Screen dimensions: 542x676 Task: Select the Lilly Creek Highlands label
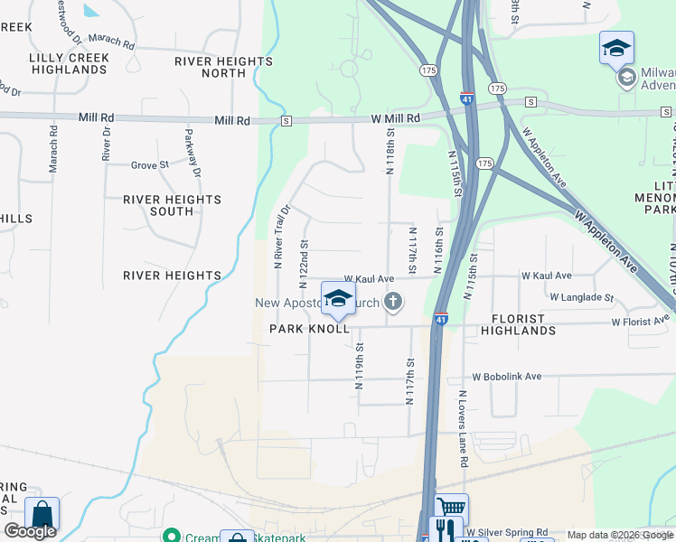point(69,63)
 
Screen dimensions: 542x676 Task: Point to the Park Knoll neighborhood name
point(309,330)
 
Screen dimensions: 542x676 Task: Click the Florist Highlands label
point(530,325)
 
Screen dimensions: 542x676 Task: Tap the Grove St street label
point(150,165)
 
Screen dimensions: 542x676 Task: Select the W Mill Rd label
point(395,118)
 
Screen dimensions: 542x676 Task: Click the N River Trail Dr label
point(280,236)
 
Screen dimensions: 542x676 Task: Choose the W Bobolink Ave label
point(506,377)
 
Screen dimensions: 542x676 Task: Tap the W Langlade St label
point(581,296)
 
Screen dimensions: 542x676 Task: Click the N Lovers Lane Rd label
point(463,428)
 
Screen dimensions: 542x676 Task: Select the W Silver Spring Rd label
point(509,532)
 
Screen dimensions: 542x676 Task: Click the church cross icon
point(392,301)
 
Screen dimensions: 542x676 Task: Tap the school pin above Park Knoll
point(339,299)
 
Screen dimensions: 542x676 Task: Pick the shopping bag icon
point(42,514)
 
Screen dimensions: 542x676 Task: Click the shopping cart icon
point(452,508)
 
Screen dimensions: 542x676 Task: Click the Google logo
point(30,531)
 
